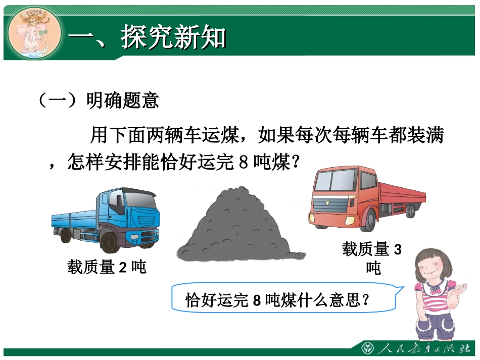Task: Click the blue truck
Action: (x=106, y=220)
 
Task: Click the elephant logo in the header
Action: (x=33, y=35)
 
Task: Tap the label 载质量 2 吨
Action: (x=107, y=267)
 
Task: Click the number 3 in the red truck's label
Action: (x=397, y=249)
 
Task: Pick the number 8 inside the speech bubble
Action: (x=256, y=301)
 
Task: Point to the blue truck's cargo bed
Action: (x=73, y=219)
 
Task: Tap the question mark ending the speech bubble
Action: (x=366, y=301)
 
